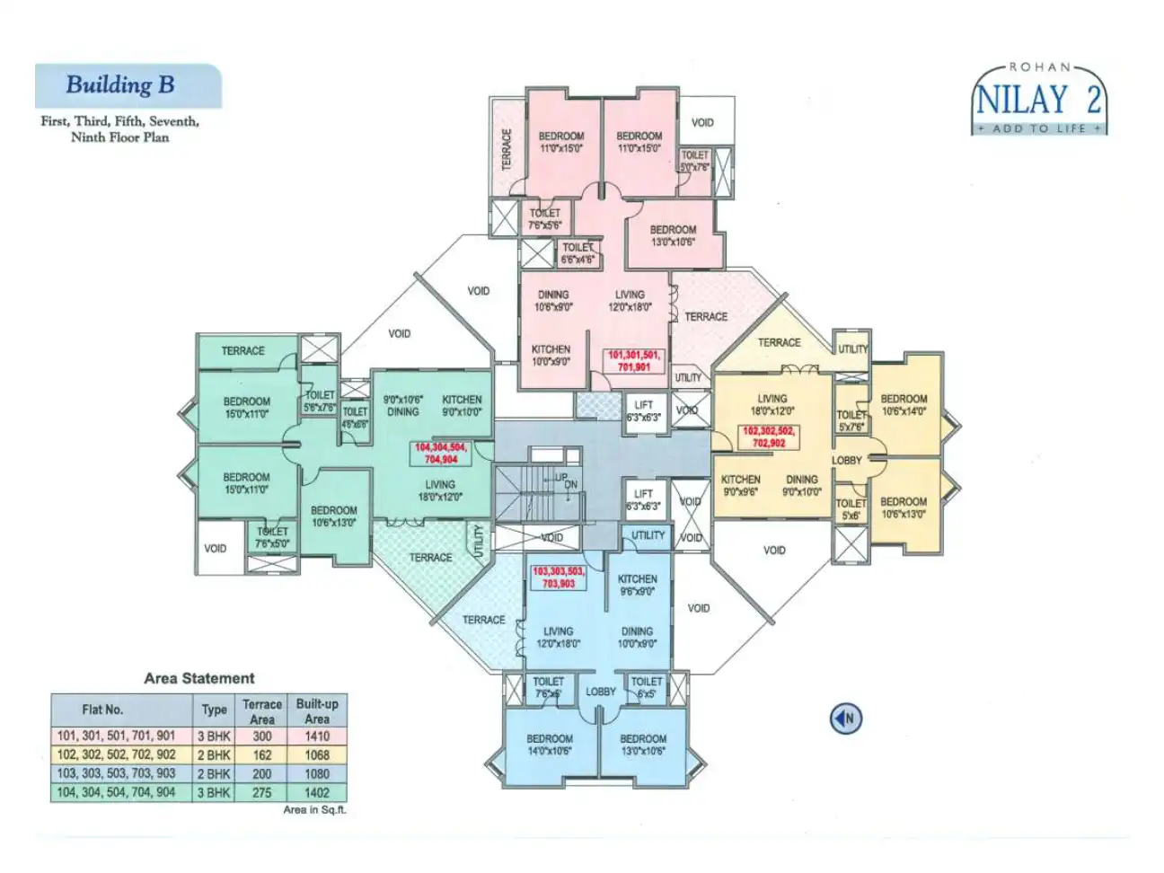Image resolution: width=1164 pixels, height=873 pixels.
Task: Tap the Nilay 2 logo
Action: click(1039, 99)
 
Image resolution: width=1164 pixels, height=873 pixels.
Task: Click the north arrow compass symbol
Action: click(845, 719)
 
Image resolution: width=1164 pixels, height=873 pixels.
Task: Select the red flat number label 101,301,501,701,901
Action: click(633, 361)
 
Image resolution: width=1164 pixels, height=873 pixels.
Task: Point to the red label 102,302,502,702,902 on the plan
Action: click(768, 437)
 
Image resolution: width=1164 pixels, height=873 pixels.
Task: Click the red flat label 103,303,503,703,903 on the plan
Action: click(558, 578)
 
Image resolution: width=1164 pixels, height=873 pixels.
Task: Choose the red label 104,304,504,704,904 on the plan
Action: click(440, 454)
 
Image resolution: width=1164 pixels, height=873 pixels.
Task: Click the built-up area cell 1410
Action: click(317, 736)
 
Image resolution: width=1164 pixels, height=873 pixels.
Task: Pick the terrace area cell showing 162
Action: click(262, 755)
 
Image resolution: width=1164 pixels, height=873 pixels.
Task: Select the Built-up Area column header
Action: click(317, 711)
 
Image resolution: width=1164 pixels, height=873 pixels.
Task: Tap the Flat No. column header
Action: click(102, 710)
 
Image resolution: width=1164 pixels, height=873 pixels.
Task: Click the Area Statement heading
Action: click(198, 679)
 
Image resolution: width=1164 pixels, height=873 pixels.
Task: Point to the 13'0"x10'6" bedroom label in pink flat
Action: click(673, 236)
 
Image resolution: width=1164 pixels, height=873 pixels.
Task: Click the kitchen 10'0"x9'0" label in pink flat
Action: click(551, 356)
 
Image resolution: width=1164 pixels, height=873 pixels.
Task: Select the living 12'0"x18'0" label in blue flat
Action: click(558, 638)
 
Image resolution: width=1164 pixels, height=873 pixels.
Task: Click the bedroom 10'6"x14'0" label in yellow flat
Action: click(904, 405)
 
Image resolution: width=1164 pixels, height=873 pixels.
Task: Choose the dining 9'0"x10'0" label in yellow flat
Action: click(801, 486)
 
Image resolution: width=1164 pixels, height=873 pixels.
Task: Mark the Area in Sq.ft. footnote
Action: click(314, 810)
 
